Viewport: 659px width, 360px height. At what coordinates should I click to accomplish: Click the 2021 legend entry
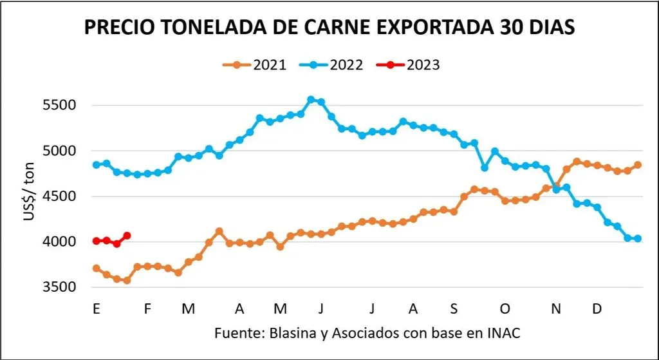click(x=255, y=64)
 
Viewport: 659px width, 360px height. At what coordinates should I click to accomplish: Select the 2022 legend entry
click(x=334, y=64)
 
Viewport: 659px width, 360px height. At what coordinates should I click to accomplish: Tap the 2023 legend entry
click(x=413, y=64)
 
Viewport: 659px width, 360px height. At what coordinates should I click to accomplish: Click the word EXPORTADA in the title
click(x=435, y=28)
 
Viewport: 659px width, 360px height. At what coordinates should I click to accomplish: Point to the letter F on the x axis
click(x=147, y=309)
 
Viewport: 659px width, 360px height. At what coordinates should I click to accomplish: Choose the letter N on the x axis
click(x=556, y=309)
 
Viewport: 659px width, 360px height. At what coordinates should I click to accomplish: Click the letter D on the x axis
click(x=597, y=309)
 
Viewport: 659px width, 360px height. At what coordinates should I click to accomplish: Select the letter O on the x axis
click(x=505, y=309)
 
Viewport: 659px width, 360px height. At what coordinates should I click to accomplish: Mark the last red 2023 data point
click(x=127, y=236)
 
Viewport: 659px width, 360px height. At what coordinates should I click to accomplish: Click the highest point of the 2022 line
click(x=311, y=100)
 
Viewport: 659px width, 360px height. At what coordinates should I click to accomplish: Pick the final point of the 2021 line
click(x=638, y=165)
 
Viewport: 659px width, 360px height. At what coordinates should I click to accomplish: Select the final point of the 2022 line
click(x=638, y=239)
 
